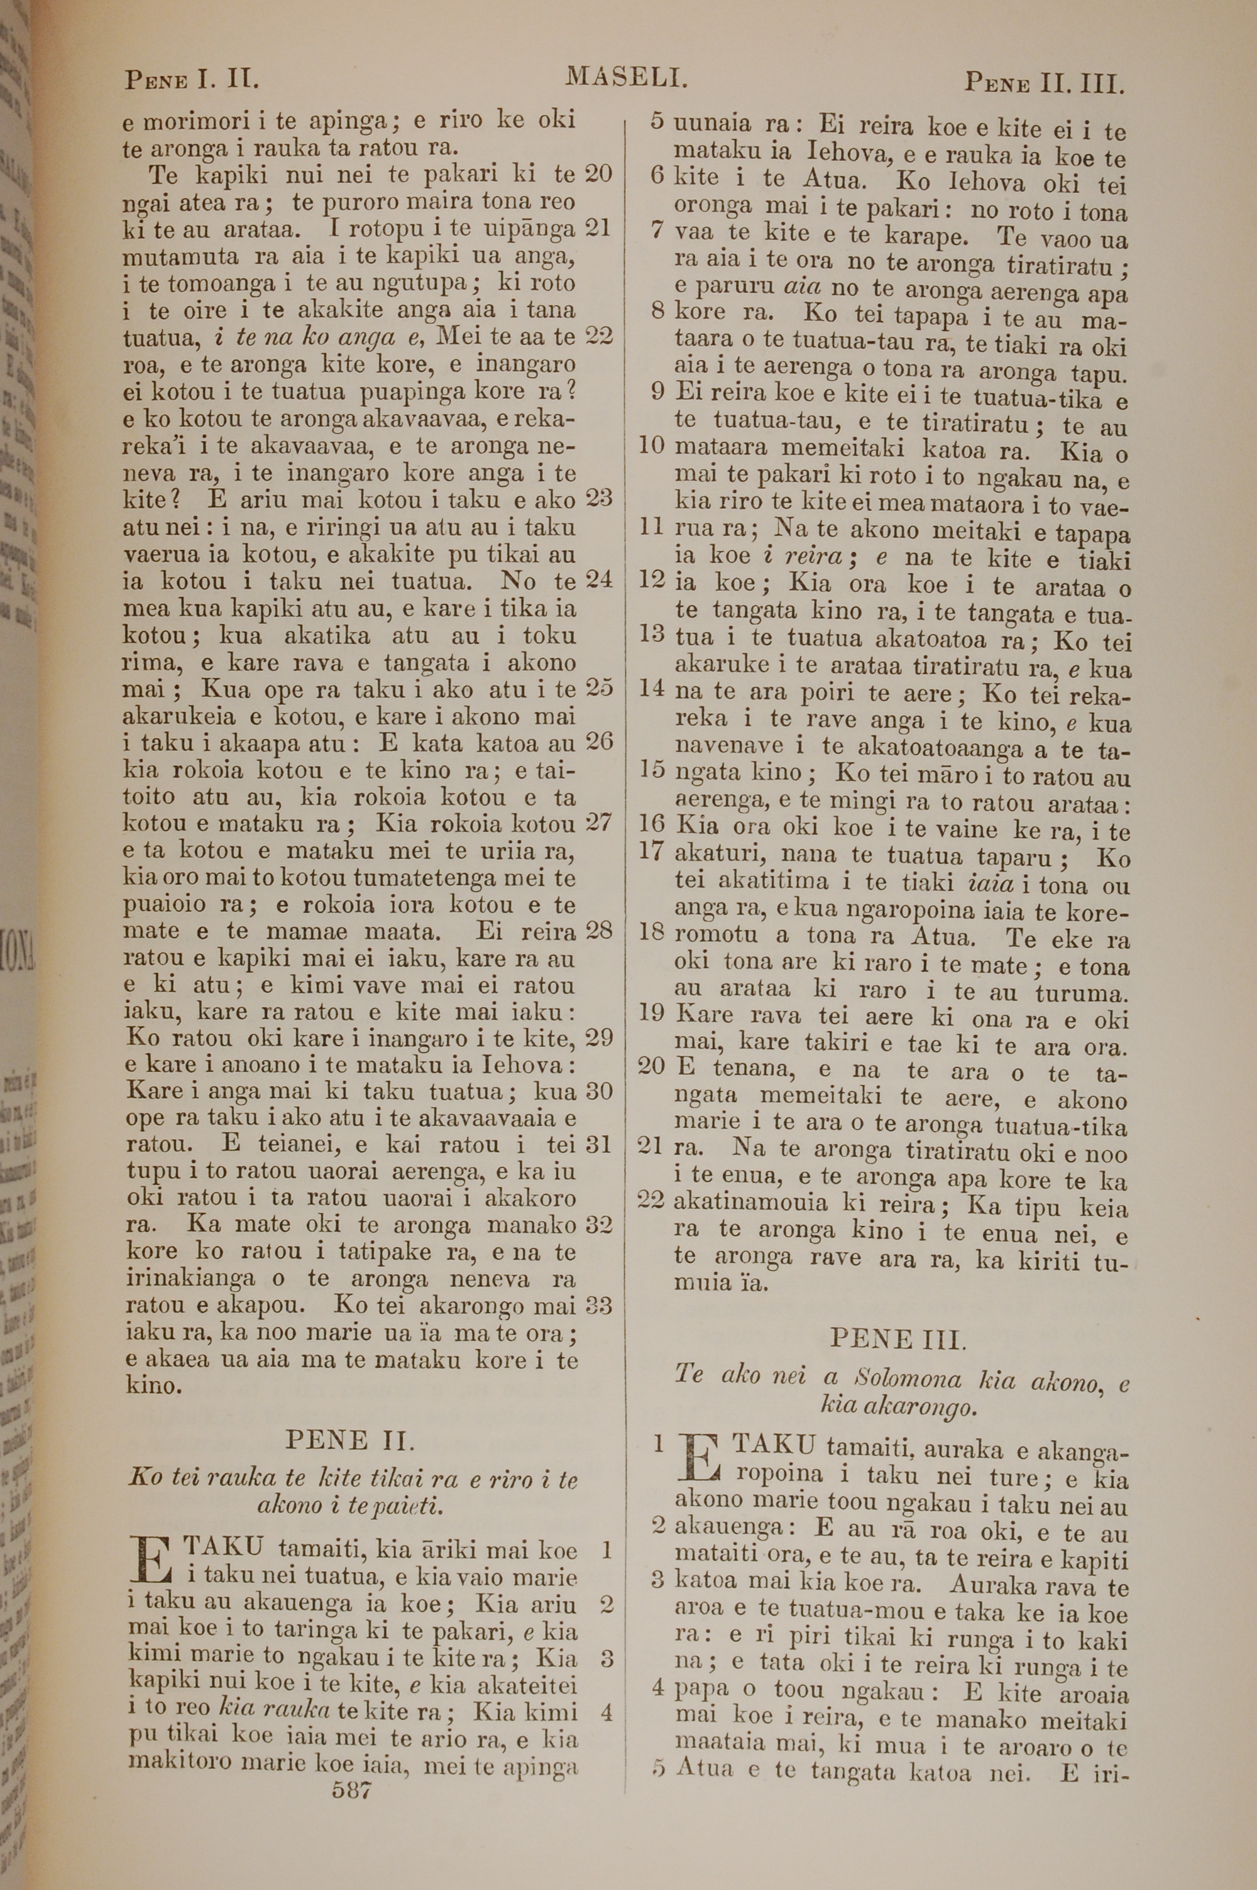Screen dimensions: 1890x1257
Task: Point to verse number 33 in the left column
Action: tap(598, 1306)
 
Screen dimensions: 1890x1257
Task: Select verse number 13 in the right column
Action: tap(652, 635)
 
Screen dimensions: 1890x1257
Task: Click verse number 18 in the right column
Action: tap(652, 932)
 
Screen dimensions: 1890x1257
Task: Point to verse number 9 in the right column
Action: tap(658, 392)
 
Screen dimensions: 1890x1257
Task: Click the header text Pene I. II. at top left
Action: tap(191, 80)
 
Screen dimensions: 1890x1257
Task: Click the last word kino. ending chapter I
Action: tap(153, 1384)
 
